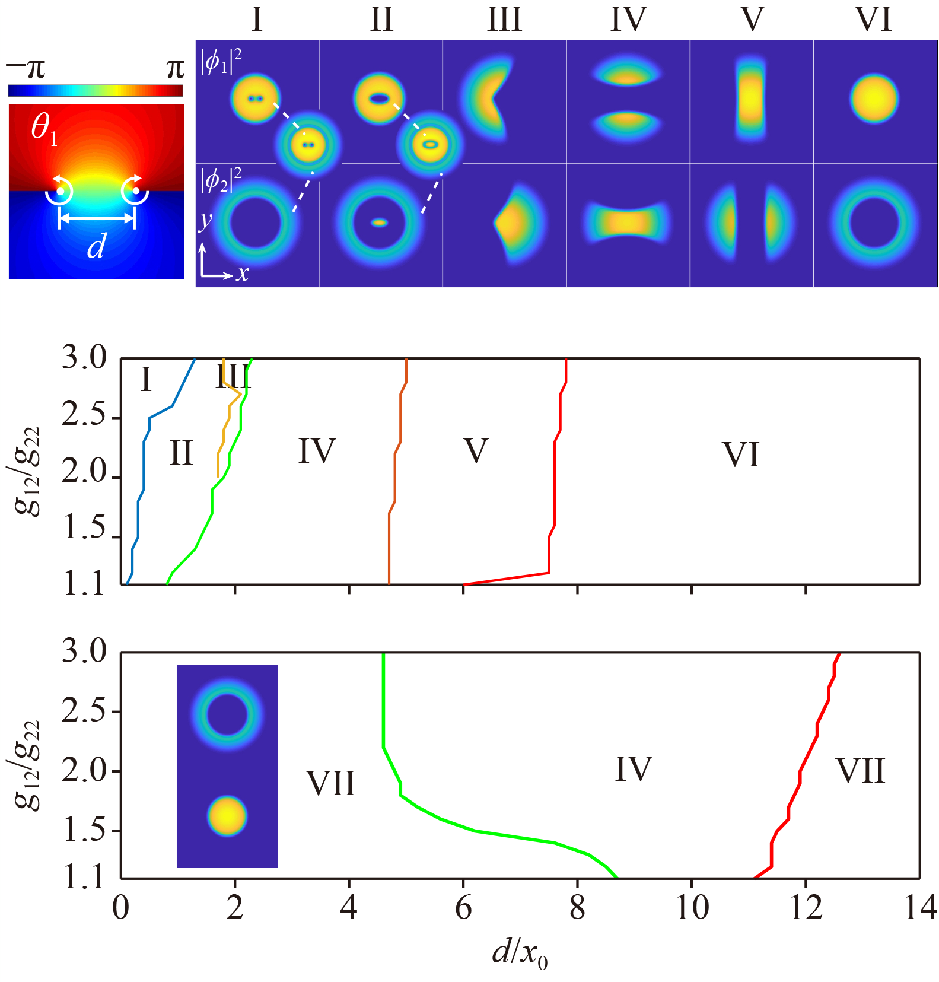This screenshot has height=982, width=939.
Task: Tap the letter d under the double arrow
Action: (x=96, y=246)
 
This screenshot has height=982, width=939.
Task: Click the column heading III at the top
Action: (x=504, y=20)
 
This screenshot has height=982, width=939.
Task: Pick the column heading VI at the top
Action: (x=874, y=20)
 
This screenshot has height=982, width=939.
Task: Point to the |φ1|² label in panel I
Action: (x=221, y=62)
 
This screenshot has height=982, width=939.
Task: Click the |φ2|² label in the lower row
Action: (x=221, y=180)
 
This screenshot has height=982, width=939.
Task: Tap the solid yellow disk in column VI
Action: (x=874, y=99)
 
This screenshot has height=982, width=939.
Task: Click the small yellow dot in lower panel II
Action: (x=380, y=223)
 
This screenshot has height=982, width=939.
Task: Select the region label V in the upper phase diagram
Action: (x=476, y=451)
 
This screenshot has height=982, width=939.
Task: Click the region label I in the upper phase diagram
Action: (x=146, y=380)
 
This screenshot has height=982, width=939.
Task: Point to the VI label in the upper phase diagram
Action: (x=741, y=456)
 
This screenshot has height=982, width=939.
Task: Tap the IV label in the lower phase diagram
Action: (x=634, y=770)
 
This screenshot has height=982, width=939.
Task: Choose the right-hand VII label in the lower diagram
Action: (x=860, y=771)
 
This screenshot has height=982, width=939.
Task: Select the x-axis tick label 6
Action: (x=463, y=908)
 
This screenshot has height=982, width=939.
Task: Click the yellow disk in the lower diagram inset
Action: (x=227, y=816)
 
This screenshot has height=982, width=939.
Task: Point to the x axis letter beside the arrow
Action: (x=242, y=274)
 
